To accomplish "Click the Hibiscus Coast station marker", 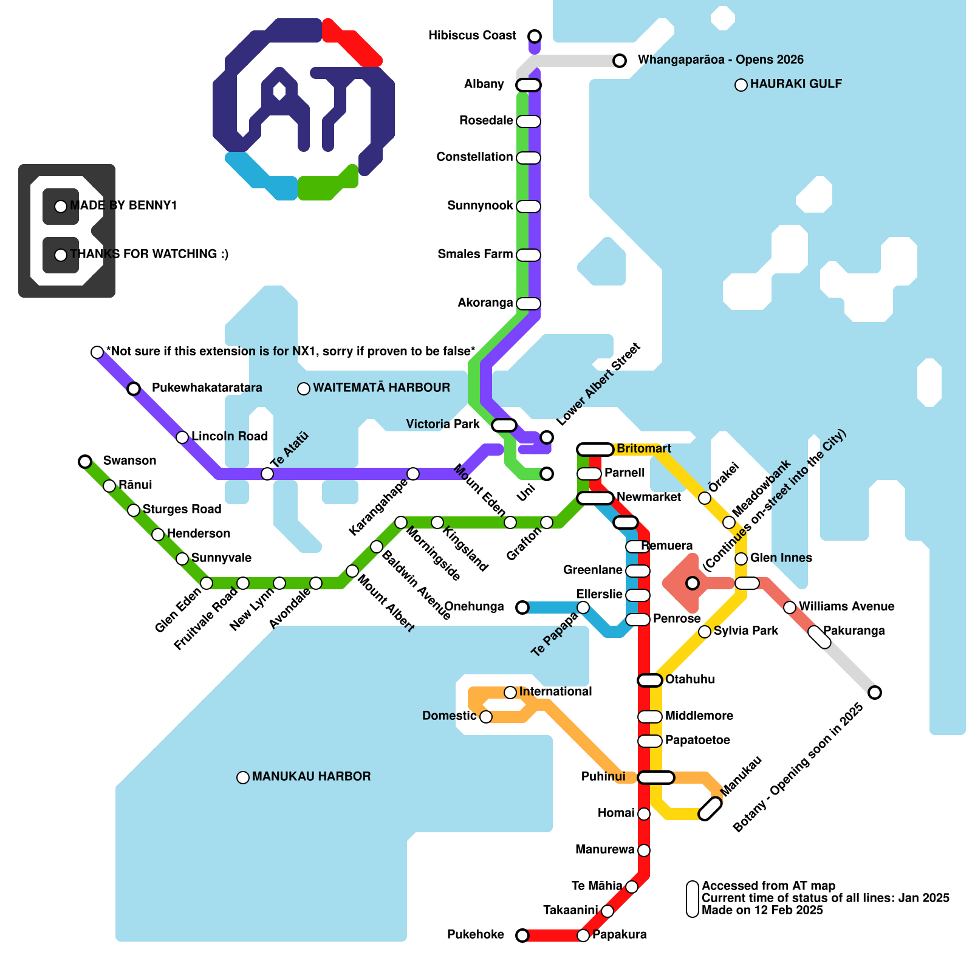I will (x=535, y=36).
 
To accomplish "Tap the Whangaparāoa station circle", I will (x=620, y=60).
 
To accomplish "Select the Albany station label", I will (x=484, y=84).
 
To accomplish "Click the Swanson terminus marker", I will (x=85, y=462).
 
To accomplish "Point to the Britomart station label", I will (x=643, y=449).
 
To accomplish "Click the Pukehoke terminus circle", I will (x=522, y=935).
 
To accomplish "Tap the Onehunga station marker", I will (x=522, y=607).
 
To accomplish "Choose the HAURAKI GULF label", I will (x=796, y=84).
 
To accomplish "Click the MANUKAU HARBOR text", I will (x=311, y=777).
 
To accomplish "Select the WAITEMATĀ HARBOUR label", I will (x=382, y=388).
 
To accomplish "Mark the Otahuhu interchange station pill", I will (x=650, y=680).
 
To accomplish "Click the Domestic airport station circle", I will (x=486, y=717).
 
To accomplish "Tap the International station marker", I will (x=510, y=693).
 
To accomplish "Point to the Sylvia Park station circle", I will (x=705, y=632).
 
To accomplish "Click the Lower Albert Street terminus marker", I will (x=547, y=437).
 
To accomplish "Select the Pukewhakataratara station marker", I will (x=134, y=389).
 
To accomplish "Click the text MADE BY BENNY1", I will (x=123, y=206).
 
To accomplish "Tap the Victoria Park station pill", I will (x=504, y=425).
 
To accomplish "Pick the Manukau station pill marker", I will (x=710, y=809).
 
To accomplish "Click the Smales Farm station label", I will (x=475, y=255).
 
